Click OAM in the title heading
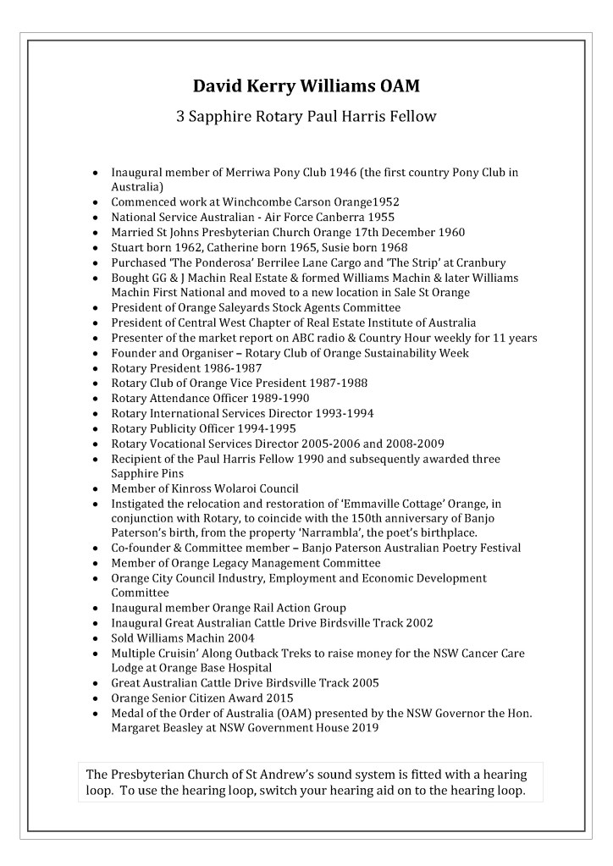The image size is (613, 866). click(x=395, y=85)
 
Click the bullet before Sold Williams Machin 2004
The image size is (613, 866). click(x=98, y=638)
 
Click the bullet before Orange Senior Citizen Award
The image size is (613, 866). click(x=98, y=698)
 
